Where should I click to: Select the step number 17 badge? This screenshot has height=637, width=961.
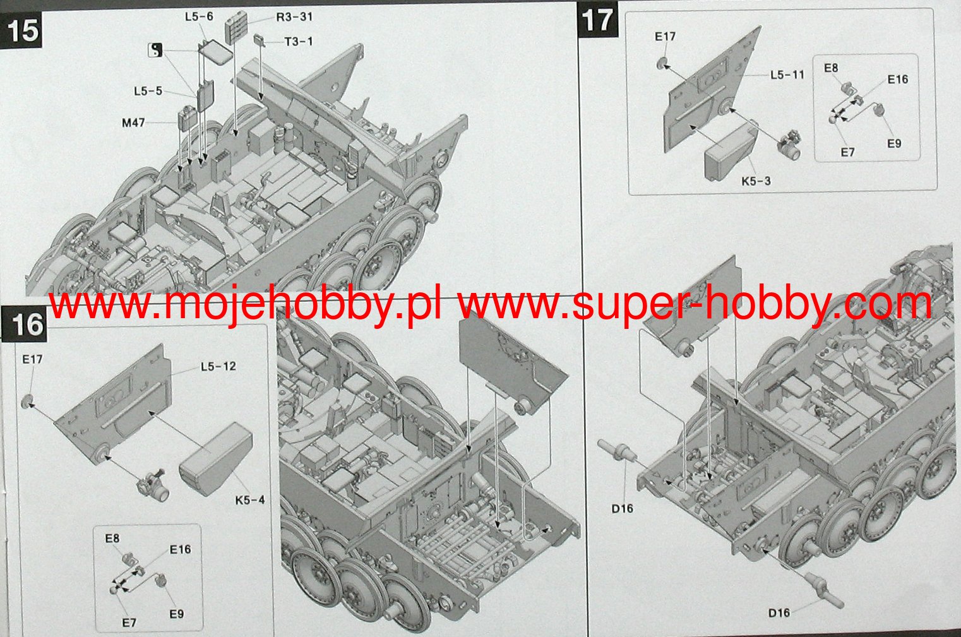(598, 20)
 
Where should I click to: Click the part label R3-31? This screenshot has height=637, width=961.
(294, 17)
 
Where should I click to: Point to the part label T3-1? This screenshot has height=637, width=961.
(299, 42)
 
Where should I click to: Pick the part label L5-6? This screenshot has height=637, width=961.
(199, 16)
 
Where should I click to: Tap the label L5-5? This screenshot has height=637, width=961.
(148, 91)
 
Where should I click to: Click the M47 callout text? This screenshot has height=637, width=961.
(133, 123)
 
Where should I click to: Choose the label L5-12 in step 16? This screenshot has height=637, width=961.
(218, 366)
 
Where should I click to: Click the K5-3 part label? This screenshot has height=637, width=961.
(756, 181)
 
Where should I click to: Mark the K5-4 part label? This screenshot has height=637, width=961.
(250, 500)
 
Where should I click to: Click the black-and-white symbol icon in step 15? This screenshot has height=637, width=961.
(155, 51)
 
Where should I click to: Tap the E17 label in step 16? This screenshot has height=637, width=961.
(33, 359)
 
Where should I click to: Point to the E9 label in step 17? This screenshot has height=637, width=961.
(894, 144)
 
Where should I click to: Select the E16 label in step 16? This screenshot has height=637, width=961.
(180, 549)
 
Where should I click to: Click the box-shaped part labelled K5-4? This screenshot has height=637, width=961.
(216, 459)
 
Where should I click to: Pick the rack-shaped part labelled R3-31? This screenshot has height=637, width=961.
(236, 28)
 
